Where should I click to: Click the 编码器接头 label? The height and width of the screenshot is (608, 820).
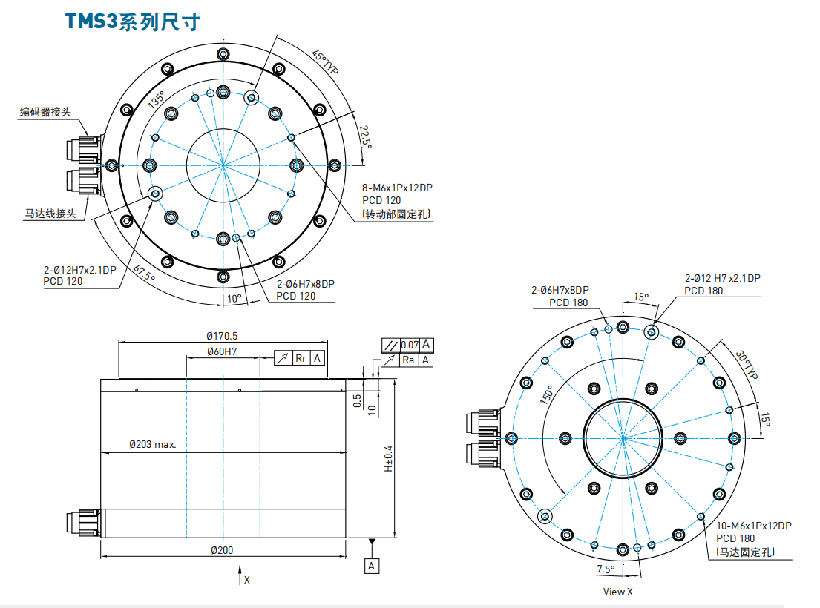pos(45,112)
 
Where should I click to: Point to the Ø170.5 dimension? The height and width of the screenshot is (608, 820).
pos(223,336)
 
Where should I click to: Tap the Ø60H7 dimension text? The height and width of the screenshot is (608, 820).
pos(222,351)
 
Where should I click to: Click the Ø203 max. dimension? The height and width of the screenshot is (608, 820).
pos(152,445)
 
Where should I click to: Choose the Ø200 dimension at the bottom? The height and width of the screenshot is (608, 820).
pos(222,550)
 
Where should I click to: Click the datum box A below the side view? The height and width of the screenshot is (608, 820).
pos(372,566)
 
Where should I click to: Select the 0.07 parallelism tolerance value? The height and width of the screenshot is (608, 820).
pos(410,345)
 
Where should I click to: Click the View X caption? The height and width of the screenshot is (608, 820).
pos(618,592)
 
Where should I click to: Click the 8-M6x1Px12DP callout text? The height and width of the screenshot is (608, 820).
pos(397,188)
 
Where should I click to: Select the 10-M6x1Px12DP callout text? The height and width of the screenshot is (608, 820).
pos(753,526)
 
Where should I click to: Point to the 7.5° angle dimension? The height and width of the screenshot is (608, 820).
pos(606,569)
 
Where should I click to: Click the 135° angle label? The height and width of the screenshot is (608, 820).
pos(156,101)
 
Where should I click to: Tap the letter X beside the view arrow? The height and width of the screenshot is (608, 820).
pos(247,580)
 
